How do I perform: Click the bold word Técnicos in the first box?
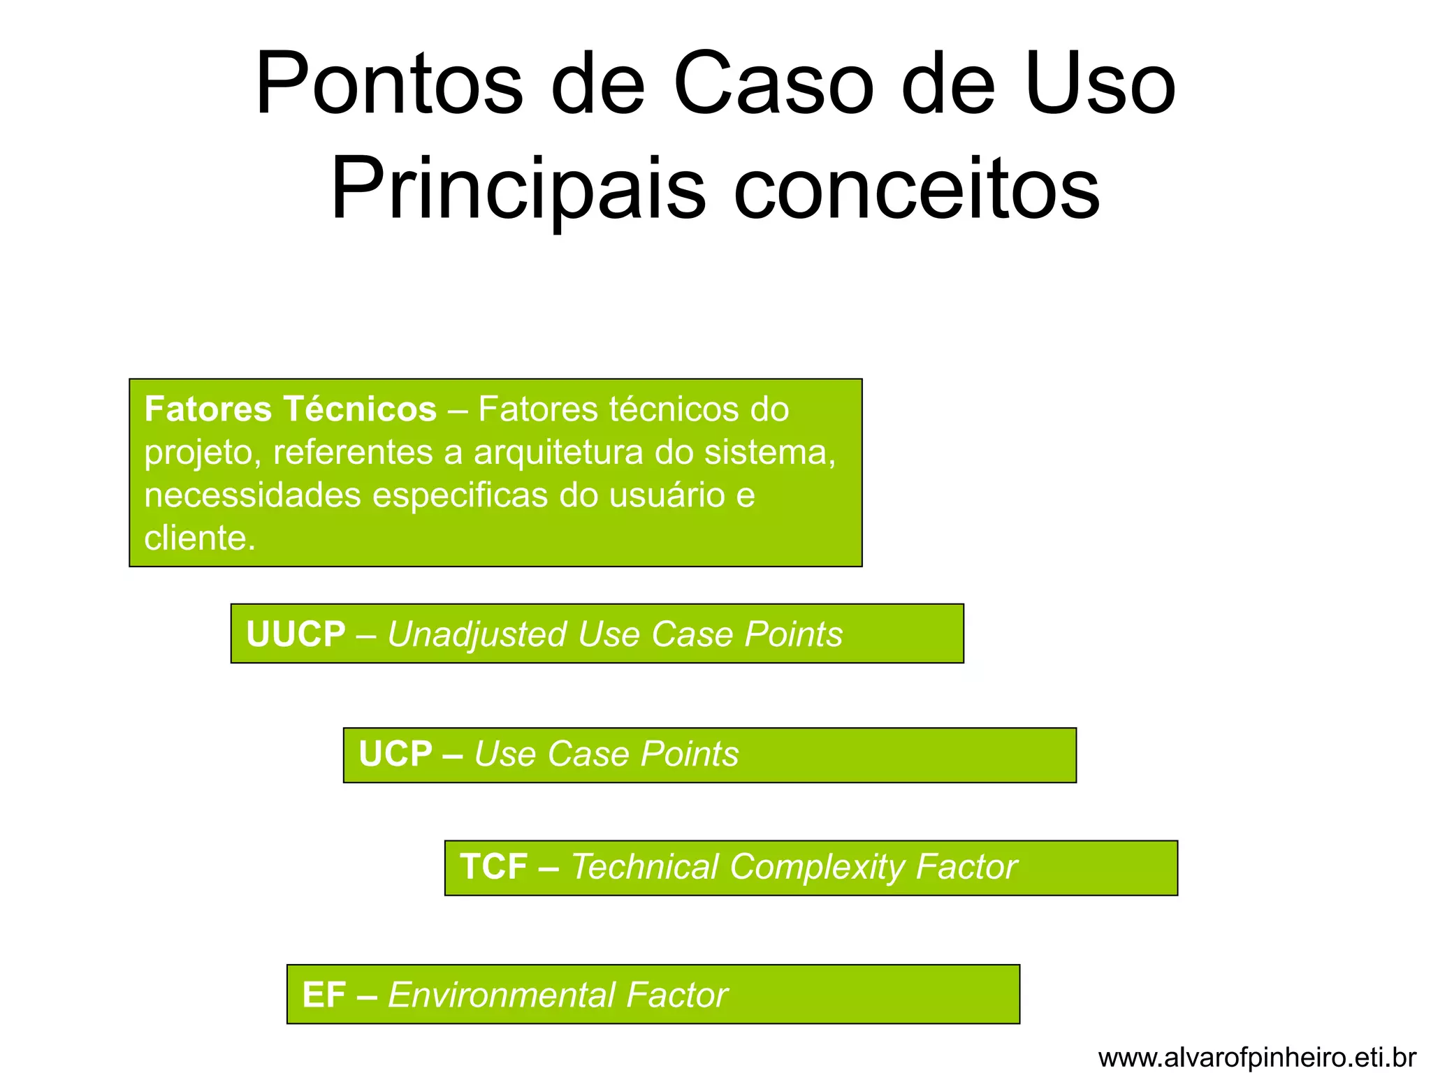pyautogui.click(x=360, y=409)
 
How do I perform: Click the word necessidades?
pyautogui.click(x=252, y=495)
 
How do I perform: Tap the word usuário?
pyautogui.click(x=667, y=495)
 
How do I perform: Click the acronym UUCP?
pyautogui.click(x=296, y=634)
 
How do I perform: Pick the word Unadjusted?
pyautogui.click(x=477, y=634)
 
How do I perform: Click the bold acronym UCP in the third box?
pyautogui.click(x=395, y=754)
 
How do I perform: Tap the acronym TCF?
pyautogui.click(x=493, y=867)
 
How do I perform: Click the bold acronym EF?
pyautogui.click(x=324, y=995)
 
